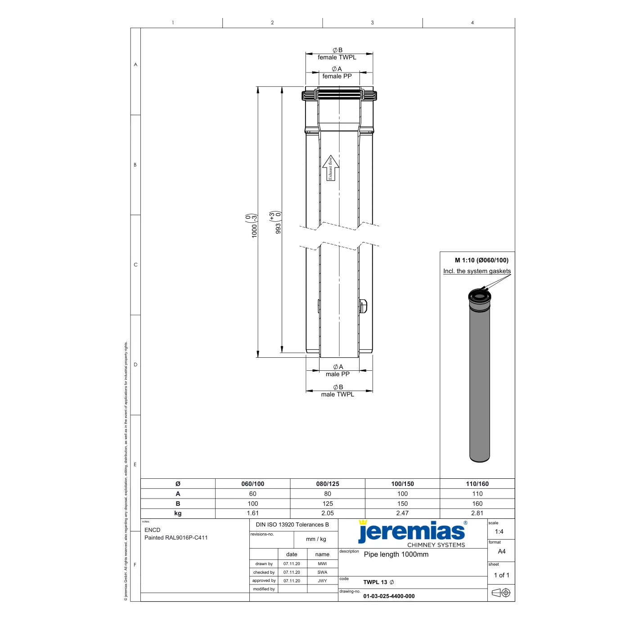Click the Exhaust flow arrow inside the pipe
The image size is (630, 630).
click(x=331, y=168)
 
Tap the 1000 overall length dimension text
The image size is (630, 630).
click(x=254, y=231)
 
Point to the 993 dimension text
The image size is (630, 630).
click(x=278, y=228)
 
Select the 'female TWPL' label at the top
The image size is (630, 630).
click(x=337, y=57)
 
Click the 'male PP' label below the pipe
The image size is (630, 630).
click(x=337, y=374)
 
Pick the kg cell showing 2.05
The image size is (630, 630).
click(x=327, y=513)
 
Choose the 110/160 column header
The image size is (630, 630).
click(x=477, y=484)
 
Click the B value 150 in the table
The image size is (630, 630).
click(x=402, y=504)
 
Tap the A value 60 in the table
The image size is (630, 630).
click(x=252, y=494)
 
